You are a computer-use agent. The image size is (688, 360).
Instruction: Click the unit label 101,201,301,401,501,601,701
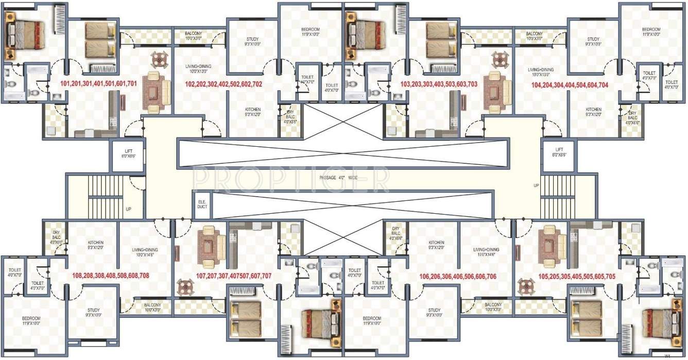98,83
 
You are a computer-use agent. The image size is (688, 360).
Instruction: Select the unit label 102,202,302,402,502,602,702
223,84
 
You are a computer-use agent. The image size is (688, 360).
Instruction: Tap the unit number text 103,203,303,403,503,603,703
439,83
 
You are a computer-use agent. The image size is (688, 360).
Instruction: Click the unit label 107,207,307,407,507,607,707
233,276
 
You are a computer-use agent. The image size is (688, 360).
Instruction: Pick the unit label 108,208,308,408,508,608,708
111,276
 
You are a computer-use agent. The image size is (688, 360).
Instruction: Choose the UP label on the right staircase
536,185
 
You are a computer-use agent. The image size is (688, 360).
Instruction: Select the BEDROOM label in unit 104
650,32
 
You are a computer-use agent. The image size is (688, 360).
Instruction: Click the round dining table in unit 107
185,286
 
